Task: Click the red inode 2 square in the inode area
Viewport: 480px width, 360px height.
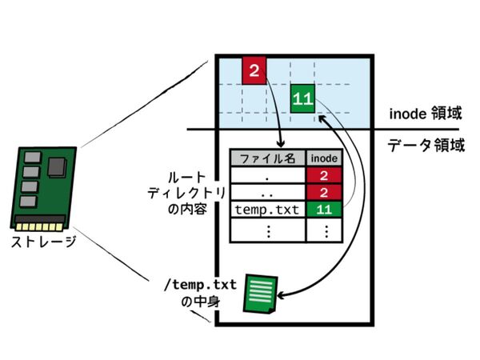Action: (x=254, y=70)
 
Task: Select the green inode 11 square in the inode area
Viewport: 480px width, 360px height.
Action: (x=302, y=98)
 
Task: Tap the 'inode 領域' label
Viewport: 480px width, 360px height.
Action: (x=426, y=114)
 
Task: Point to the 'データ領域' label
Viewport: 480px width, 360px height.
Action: (x=426, y=145)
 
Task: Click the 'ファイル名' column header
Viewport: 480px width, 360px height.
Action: (x=267, y=158)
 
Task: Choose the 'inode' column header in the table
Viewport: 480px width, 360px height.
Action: (x=324, y=158)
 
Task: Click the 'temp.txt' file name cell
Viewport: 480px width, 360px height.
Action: (x=267, y=210)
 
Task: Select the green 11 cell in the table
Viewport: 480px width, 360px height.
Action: (x=324, y=210)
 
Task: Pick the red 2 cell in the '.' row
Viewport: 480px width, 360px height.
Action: (x=324, y=175)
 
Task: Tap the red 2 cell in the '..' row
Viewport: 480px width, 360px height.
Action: (x=324, y=193)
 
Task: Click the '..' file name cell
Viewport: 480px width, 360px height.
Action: (x=267, y=193)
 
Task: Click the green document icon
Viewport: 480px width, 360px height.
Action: (x=260, y=294)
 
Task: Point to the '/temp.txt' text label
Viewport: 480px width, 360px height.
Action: (x=201, y=285)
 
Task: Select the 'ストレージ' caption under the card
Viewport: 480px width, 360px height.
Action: (x=43, y=242)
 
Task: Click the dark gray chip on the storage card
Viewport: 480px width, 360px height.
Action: (x=57, y=167)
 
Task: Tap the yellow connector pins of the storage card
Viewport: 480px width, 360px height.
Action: (x=40, y=227)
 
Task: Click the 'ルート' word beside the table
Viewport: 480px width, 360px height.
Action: (x=186, y=178)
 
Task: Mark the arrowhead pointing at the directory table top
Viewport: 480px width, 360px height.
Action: (x=281, y=143)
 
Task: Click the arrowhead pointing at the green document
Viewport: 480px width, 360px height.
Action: (x=281, y=296)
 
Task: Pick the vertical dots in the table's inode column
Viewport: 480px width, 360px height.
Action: (x=326, y=231)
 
